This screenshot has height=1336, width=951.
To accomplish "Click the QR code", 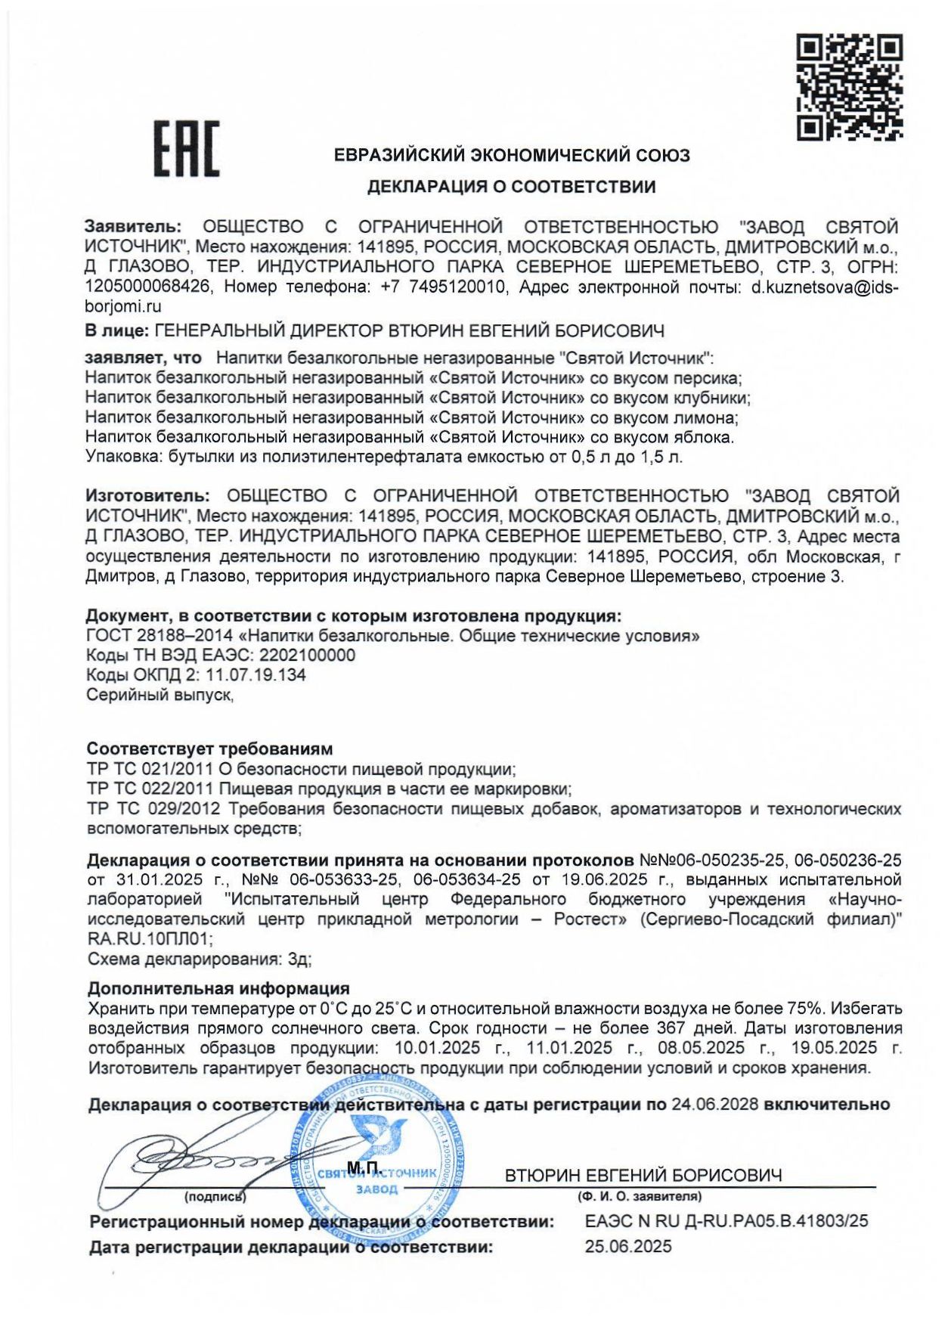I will tap(850, 87).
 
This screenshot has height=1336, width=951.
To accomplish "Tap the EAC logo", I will tap(187, 149).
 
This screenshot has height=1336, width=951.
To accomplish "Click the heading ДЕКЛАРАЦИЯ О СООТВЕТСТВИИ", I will tap(511, 186).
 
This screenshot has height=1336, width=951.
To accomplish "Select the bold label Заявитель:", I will tap(133, 227).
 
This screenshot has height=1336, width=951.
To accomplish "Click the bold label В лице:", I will tap(116, 330).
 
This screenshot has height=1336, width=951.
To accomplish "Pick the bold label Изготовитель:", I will tap(147, 496).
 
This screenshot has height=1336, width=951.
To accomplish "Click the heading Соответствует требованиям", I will tap(209, 749).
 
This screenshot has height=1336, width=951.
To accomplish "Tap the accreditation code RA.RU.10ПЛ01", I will tap(150, 939).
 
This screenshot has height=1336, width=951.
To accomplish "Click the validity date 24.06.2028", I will tap(714, 1105).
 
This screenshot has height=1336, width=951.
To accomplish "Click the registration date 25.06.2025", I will tap(627, 1247).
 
